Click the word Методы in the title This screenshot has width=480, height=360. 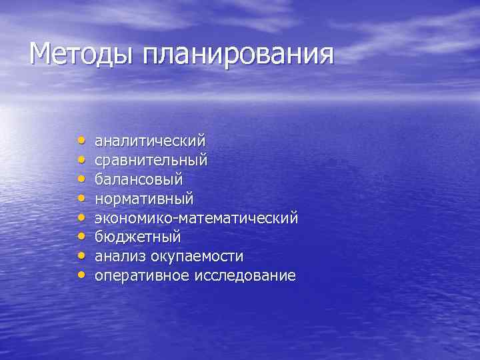81,54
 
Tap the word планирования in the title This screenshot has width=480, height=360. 237,55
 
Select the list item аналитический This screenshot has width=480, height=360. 150,141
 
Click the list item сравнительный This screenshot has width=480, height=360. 151,161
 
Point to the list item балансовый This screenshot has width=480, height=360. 139,180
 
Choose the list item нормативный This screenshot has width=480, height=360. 144,199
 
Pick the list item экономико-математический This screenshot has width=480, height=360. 197,218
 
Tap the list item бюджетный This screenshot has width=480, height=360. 138,237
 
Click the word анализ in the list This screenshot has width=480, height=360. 121,257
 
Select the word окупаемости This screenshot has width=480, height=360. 198,257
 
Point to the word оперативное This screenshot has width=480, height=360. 142,276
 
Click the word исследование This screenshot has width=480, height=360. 245,276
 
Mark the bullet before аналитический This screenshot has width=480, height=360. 81,141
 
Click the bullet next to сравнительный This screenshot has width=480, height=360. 81,160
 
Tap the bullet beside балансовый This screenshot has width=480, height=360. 81,179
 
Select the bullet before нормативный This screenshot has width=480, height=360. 81,198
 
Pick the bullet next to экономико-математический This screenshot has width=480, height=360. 81,217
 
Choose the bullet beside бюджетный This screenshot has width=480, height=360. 81,237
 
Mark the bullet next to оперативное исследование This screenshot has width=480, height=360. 81,275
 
